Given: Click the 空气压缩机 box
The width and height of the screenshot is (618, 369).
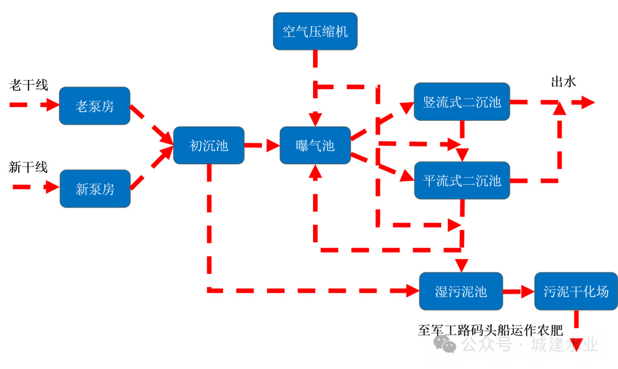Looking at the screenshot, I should coord(315,31).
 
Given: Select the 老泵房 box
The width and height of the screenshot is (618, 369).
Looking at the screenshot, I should coord(94,106).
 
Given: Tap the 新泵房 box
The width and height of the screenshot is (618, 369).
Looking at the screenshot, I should coord(95,189).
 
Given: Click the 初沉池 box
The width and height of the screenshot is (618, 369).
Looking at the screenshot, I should coord(209,145).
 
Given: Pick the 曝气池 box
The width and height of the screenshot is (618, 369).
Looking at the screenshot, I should coord(315,145).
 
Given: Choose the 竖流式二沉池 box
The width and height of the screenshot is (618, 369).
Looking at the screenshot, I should coord(462,102).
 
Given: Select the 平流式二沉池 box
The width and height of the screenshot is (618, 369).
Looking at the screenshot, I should coord(462,180).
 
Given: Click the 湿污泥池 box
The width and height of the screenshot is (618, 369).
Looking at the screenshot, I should coord(461,291).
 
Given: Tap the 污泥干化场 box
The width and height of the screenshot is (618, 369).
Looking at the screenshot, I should coord(575,291).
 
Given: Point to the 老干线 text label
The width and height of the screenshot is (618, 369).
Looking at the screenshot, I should coord(29,85).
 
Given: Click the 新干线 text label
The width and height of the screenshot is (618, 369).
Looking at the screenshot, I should coord(28,167).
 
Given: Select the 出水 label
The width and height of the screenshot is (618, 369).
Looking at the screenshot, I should coord(563,81).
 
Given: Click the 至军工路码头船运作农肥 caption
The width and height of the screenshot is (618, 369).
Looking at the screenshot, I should coord(490,330).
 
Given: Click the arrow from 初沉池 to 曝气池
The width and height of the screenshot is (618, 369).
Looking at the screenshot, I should coord(262,145).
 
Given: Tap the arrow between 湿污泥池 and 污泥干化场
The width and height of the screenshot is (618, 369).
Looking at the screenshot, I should coord(518,291).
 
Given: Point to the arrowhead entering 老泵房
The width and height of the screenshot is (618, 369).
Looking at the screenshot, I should coord(53,105).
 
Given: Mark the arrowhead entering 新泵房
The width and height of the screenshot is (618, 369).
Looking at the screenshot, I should coord(53,187).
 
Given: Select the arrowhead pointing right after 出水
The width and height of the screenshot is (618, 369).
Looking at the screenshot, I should coord(587,102).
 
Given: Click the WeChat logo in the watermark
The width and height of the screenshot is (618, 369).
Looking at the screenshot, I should coord(445,343).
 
